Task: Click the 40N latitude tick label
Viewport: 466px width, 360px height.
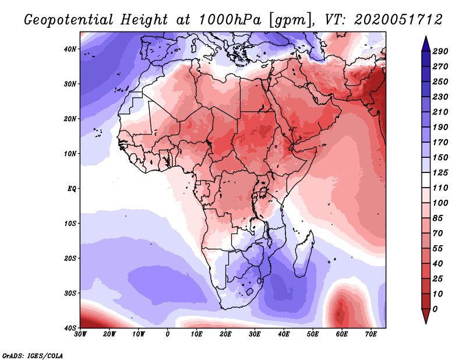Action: tap(70, 49)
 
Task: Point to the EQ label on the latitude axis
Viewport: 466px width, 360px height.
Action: tap(72, 189)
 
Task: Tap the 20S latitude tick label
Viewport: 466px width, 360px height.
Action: tap(70, 258)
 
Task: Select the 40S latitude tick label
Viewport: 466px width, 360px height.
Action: tap(70, 328)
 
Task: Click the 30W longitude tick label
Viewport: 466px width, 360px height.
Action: tap(80, 334)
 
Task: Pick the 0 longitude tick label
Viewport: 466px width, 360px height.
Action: tap(168, 334)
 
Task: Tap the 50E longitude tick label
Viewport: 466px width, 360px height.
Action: tap(313, 334)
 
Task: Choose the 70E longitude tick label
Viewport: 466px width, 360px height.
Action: tap(371, 334)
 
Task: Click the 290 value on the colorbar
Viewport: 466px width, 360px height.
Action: tap(440, 51)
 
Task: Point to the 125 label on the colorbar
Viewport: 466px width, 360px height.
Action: tap(440, 172)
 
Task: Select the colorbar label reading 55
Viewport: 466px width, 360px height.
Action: tap(437, 249)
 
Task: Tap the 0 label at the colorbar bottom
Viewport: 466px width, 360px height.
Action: tap(435, 309)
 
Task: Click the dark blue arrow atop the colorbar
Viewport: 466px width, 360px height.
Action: tap(426, 44)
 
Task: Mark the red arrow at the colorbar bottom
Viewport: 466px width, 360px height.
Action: tap(426, 316)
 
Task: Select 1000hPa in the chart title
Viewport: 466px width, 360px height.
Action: tap(230, 20)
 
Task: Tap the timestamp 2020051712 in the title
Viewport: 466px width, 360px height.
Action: tap(398, 20)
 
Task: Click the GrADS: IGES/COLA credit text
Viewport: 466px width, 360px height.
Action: tap(33, 356)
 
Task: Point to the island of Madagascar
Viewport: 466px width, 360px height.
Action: tap(304, 254)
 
